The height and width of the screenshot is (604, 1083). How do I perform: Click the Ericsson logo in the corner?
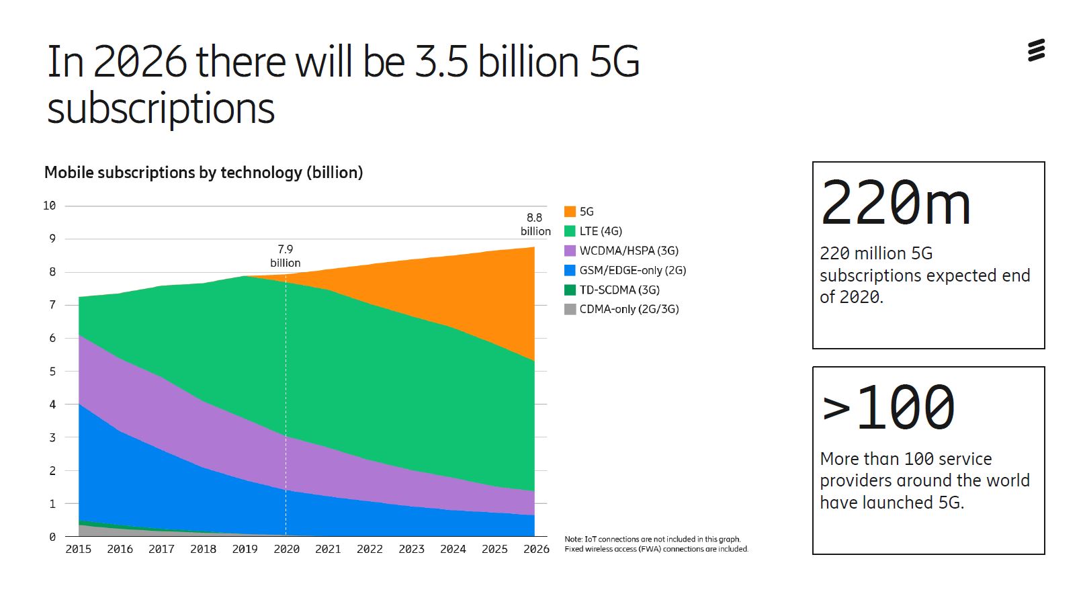[1036, 50]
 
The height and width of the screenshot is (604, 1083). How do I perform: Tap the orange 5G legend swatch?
[570, 212]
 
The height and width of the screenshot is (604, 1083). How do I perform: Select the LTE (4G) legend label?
[601, 231]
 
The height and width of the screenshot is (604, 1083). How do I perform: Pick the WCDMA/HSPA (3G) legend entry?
[628, 251]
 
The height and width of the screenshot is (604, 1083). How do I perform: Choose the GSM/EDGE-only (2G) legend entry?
[632, 270]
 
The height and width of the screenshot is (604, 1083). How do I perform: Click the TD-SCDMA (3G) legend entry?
[619, 290]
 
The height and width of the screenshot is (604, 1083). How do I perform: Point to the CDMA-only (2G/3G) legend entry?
[628, 309]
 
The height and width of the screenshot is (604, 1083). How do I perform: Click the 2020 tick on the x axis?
[286, 549]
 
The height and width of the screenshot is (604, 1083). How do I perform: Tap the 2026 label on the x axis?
[536, 549]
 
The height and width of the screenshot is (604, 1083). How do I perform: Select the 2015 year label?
[79, 549]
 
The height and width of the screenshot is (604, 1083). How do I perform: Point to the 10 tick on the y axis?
[49, 206]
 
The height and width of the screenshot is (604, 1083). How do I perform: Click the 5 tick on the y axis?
[52, 371]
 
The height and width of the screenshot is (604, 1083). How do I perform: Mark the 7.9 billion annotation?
[285, 256]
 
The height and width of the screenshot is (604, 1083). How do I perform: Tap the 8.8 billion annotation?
[535, 224]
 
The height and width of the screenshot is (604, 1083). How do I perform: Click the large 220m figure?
[895, 203]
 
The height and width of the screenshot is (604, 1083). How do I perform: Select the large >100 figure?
[887, 408]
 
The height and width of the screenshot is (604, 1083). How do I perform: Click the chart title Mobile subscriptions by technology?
[204, 173]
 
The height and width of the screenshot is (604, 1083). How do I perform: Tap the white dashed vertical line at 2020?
[286, 403]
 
